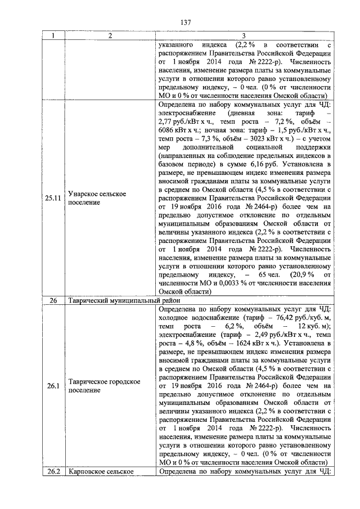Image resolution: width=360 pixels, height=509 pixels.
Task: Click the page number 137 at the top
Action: tap(186, 22)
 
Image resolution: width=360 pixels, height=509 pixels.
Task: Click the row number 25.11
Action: tap(53, 198)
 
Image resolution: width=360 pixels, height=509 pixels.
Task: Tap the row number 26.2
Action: tap(53, 471)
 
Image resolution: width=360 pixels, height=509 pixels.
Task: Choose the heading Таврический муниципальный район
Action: tap(116, 301)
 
